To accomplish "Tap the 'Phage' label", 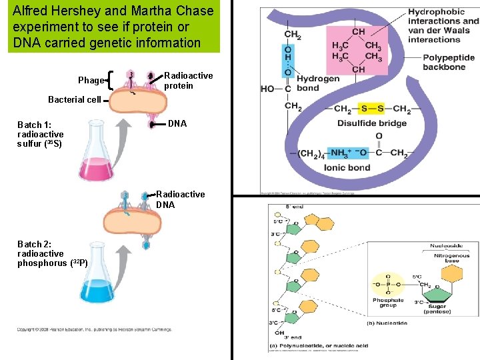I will [x=91, y=81].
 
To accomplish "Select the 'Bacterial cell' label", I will [x=74, y=99].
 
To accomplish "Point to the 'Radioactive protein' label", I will [x=189, y=81].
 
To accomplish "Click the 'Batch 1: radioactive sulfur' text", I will [x=40, y=134].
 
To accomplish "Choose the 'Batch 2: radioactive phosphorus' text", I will [x=52, y=254].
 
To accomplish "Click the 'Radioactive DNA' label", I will [x=180, y=200].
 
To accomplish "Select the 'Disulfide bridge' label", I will [x=371, y=123].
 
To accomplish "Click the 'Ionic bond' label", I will [x=347, y=168].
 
